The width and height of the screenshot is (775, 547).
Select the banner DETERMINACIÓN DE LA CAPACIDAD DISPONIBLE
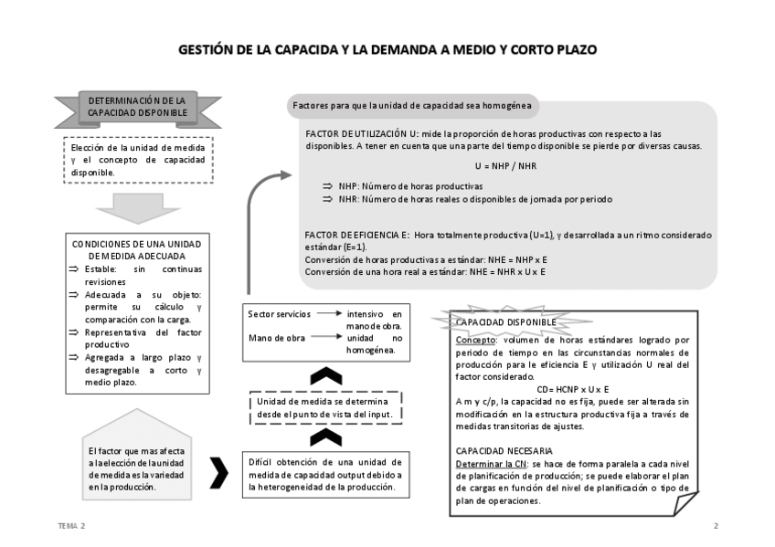136,106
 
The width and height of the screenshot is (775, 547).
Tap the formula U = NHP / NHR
505,166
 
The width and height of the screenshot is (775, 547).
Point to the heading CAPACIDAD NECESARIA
504,451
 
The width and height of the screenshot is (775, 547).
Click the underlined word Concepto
472,340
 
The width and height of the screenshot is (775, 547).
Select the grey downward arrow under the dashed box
136,207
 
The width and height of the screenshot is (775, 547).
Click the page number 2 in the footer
716,527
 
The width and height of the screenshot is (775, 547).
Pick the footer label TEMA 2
70,527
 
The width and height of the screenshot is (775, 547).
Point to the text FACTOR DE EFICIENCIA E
357,235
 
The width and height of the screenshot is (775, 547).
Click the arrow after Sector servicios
328,313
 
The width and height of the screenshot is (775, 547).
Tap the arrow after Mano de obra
328,338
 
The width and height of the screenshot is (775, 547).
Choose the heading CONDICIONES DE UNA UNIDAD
136,245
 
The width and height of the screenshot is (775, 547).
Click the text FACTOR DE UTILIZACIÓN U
362,133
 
